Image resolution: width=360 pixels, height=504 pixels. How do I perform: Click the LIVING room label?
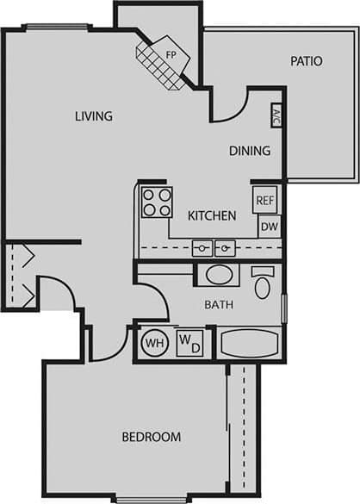pos(94,116)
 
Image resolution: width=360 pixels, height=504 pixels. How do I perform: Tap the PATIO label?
pos(306,61)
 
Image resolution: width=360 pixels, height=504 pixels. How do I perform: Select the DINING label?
pos(250,151)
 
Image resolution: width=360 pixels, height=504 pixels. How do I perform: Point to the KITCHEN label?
pos(212,216)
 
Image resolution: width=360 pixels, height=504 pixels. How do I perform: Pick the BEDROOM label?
pos(152,437)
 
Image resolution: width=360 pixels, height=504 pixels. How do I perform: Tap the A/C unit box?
pos(276,116)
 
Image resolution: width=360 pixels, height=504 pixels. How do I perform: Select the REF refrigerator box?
pos(264,201)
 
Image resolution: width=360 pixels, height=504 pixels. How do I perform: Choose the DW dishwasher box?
pos(269,226)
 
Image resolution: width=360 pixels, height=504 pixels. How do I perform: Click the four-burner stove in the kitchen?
pos(157,202)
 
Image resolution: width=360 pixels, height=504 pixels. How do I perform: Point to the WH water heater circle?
pos(155,343)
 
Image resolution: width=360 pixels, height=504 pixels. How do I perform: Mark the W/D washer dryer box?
pos(189,343)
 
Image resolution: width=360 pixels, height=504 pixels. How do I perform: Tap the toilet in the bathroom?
pos(264,280)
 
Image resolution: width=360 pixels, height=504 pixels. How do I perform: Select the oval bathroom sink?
pos(219,276)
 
